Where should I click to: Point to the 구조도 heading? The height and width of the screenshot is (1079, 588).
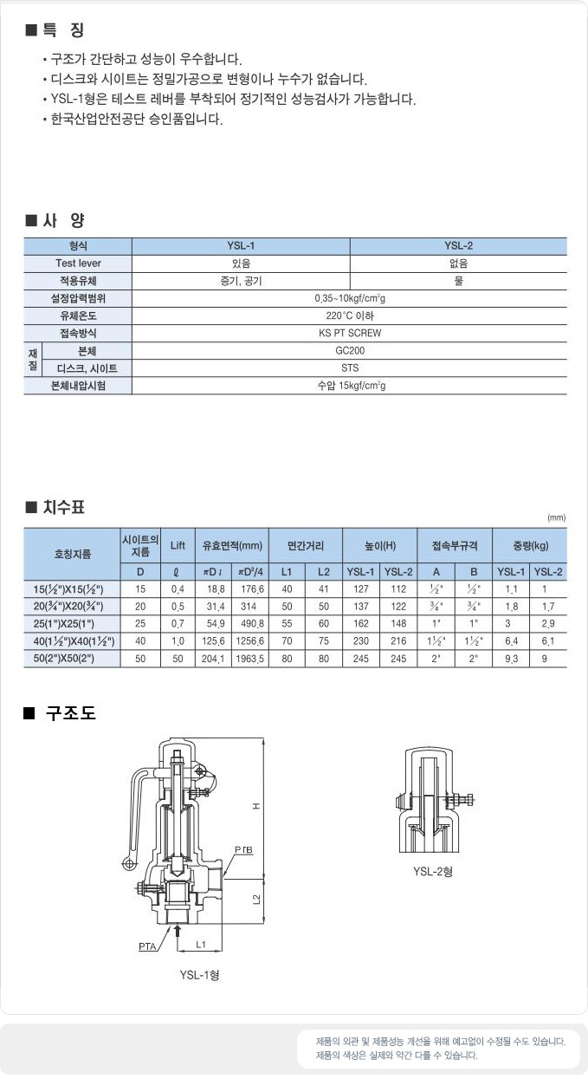point(71,714)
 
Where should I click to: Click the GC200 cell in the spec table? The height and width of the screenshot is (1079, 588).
point(350,351)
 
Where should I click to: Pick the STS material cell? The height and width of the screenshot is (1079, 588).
point(350,368)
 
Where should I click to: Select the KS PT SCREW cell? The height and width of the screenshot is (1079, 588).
point(350,333)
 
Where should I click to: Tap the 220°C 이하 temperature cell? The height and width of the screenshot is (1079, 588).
point(350,315)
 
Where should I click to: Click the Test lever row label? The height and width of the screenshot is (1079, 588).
point(78,263)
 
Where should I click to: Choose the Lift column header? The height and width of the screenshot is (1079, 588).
point(178,545)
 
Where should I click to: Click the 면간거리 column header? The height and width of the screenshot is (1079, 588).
point(306,545)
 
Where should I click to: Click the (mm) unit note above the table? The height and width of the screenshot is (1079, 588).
point(556,517)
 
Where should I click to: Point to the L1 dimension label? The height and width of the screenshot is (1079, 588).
point(200,942)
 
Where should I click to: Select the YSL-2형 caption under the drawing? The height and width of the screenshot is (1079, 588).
point(433,871)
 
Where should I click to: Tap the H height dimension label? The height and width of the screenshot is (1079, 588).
point(256,806)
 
